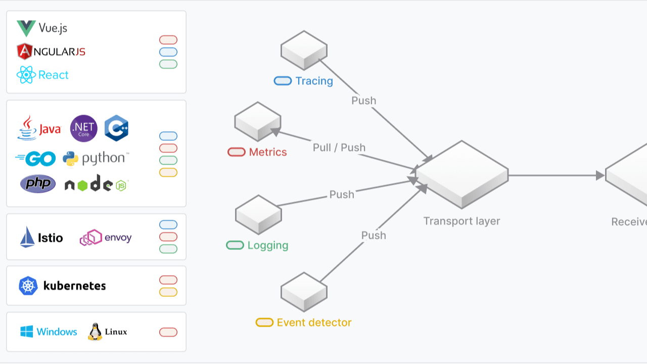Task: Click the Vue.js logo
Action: (x=26, y=28)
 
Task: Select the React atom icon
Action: (x=26, y=75)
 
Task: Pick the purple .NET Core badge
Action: (x=84, y=128)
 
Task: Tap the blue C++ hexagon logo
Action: (x=116, y=128)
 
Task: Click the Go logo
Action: (x=35, y=159)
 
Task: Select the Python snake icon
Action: (x=70, y=159)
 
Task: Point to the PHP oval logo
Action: (x=38, y=183)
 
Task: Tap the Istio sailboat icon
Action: (x=27, y=237)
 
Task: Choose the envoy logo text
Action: (x=118, y=237)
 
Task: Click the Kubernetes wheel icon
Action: (x=28, y=286)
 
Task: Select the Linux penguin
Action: (x=95, y=332)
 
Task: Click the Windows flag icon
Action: (x=27, y=331)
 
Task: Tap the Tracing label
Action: (x=314, y=81)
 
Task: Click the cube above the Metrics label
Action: (x=258, y=122)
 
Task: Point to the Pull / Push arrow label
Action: (x=339, y=147)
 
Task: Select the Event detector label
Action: (x=314, y=322)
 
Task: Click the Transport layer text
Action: (x=461, y=221)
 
